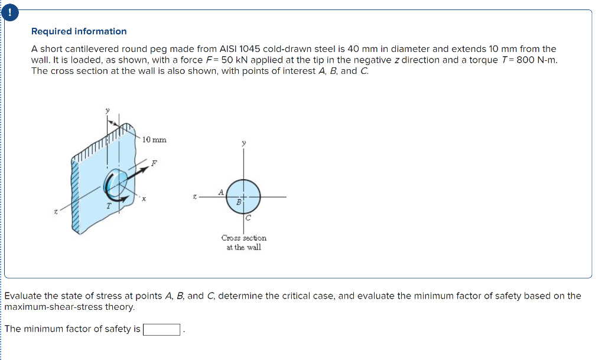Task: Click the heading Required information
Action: [79, 31]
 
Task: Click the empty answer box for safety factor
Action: [162, 329]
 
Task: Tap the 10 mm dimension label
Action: [154, 140]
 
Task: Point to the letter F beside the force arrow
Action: [154, 163]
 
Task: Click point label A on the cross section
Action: [221, 192]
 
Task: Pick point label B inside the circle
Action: [239, 202]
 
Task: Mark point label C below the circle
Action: [248, 218]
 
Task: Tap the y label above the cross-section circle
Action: [243, 142]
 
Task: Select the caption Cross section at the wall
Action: [243, 242]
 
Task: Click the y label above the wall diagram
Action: [107, 110]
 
